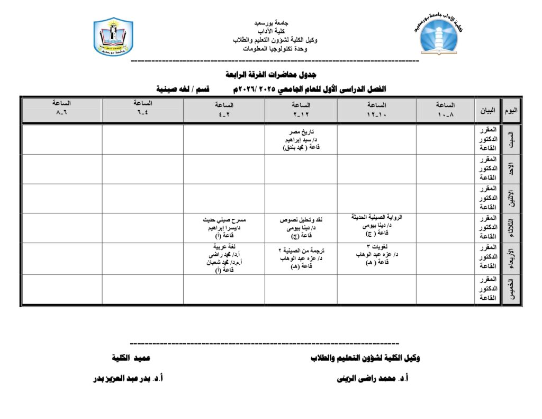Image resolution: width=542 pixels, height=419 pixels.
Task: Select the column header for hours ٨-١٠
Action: [x=445, y=109]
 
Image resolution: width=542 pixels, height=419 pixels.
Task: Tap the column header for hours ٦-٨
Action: [x=62, y=109]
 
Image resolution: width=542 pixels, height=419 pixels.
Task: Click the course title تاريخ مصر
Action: [x=301, y=131]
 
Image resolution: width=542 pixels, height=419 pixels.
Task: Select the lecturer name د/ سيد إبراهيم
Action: [x=301, y=140]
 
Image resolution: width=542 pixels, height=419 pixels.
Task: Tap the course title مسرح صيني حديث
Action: [x=224, y=219]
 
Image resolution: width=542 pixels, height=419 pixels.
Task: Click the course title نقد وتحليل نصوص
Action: [x=301, y=219]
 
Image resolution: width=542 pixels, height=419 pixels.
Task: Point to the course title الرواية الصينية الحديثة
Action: [x=377, y=217]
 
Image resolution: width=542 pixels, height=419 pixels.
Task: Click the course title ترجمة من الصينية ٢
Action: [x=301, y=250]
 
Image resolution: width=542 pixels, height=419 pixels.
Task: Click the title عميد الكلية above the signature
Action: [x=131, y=358]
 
